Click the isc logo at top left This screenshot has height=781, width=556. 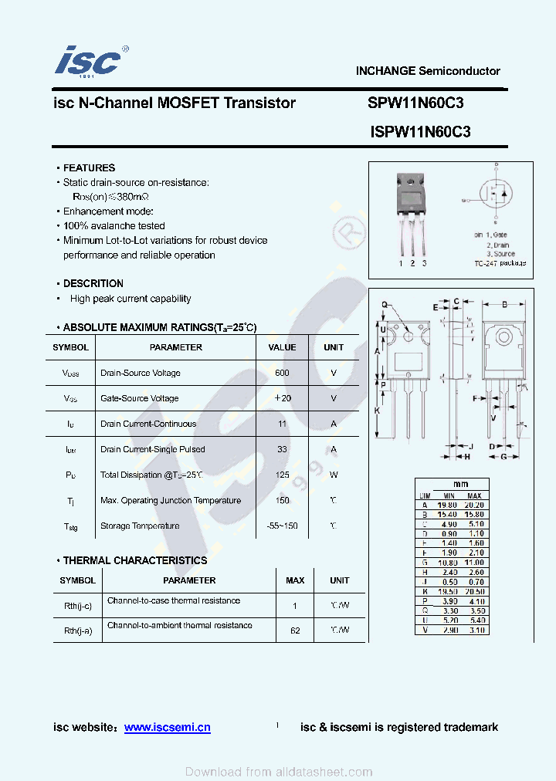[x=87, y=60]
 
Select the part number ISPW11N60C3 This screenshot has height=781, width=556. [x=420, y=132]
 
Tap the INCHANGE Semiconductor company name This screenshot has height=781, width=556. [x=428, y=71]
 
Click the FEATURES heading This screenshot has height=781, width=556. [x=89, y=167]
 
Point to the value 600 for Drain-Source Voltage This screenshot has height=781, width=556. [x=282, y=373]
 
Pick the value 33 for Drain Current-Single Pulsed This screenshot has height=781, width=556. [x=282, y=449]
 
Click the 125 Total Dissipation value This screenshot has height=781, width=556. [x=282, y=475]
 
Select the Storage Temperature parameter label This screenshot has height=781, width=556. [x=140, y=526]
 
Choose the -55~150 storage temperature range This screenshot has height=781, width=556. [x=282, y=526]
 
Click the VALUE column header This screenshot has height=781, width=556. [x=282, y=347]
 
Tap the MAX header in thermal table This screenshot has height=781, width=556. [x=295, y=580]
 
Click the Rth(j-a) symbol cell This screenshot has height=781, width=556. [x=77, y=631]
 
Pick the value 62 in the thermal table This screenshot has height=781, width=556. [x=295, y=631]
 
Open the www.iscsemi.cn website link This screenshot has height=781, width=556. [x=167, y=727]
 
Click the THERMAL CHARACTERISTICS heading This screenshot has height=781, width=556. [x=135, y=560]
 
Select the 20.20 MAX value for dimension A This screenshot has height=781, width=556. [x=474, y=505]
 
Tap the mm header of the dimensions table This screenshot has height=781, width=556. [x=461, y=485]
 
